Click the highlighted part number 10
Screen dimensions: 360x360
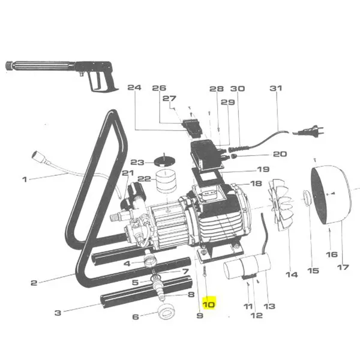208,304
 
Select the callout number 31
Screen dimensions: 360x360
275,88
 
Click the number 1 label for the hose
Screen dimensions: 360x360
25,179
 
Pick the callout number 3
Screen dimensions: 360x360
58,312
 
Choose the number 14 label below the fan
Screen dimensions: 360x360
291,275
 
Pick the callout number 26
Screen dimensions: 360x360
158,88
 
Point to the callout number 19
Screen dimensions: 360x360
263,169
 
